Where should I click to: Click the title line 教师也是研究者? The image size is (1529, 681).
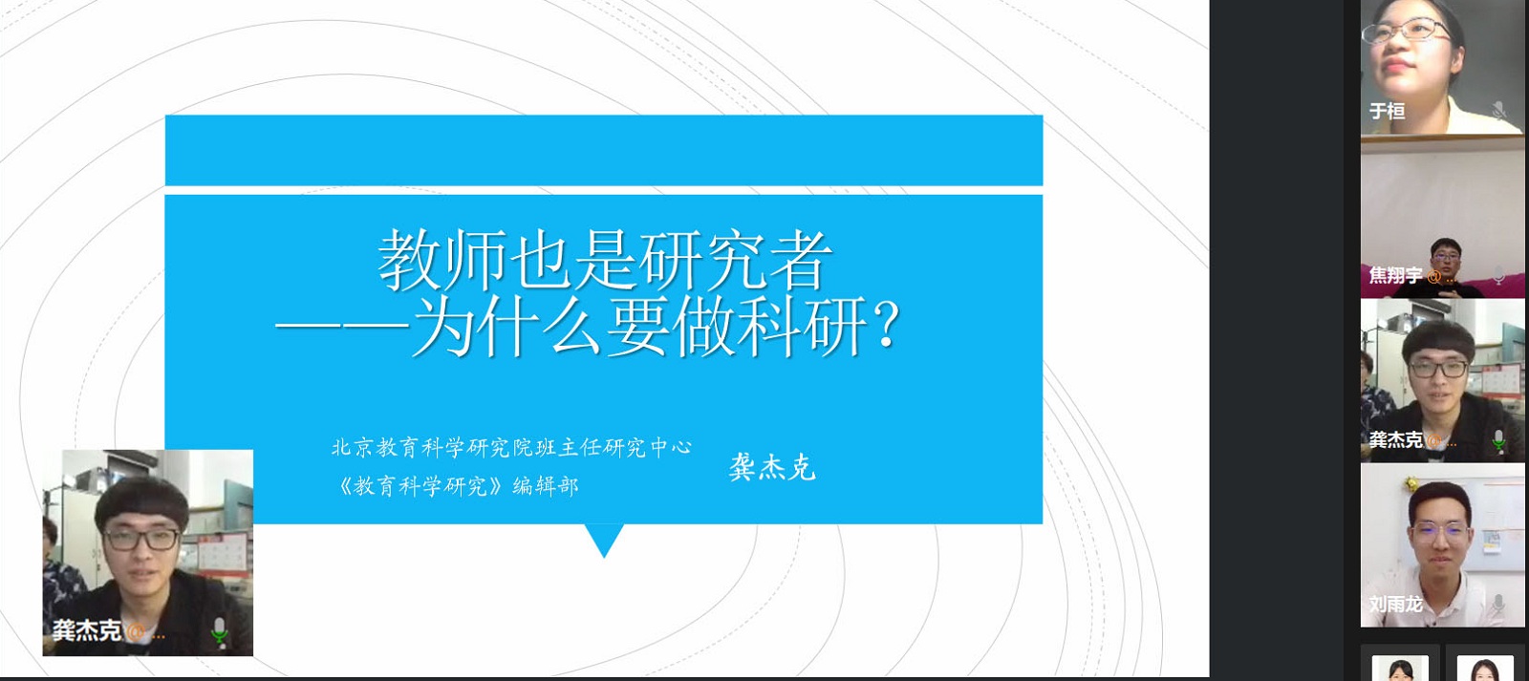[x=605, y=261]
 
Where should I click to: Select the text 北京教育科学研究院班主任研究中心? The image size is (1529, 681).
[x=511, y=448]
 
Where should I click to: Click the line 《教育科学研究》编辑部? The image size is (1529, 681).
[x=458, y=486]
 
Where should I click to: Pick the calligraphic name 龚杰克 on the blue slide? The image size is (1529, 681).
[x=772, y=467]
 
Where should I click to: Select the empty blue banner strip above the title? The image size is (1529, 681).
[x=604, y=150]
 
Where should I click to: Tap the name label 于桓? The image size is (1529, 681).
[x=1387, y=111]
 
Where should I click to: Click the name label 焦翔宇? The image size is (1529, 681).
[x=1396, y=275]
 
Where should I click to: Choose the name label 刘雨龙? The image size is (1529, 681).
[x=1396, y=604]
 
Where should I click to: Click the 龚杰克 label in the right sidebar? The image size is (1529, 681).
[x=1396, y=439]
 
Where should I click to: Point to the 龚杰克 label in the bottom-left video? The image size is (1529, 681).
[x=87, y=629]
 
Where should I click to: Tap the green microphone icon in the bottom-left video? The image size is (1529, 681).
[x=219, y=630]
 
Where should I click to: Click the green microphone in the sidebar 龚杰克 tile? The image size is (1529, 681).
[x=1499, y=439]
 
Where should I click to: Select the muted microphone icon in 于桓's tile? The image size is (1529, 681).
[x=1499, y=111]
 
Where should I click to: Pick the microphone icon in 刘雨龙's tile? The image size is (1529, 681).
[x=1499, y=604]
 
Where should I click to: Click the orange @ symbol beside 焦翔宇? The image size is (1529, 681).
[x=1434, y=276]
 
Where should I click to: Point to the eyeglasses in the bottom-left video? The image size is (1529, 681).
[x=141, y=539]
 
